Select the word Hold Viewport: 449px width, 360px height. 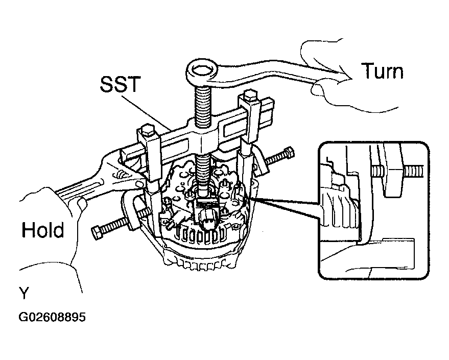click(43, 230)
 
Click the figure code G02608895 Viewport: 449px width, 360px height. click(52, 317)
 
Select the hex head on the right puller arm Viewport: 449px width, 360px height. click(250, 97)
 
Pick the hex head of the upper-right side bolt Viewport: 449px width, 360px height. click(289, 152)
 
